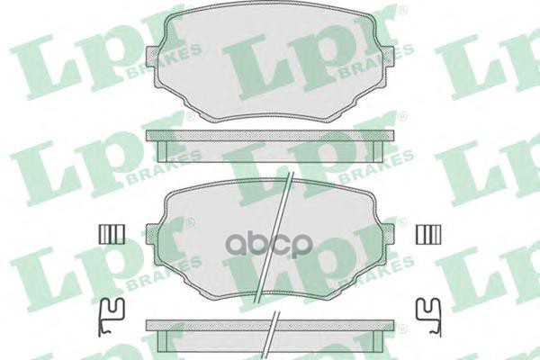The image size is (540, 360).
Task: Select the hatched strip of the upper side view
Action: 271,134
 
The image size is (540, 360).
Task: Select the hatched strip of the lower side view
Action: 271,322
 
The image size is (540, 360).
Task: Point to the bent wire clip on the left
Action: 111,310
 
